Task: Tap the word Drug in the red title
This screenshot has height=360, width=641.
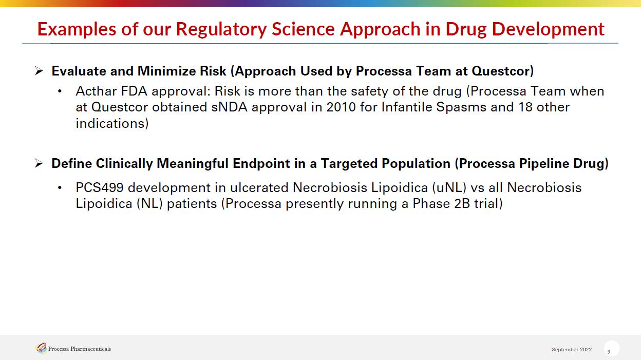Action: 466,29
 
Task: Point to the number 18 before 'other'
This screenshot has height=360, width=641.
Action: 525,107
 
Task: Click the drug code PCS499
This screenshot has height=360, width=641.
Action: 99,188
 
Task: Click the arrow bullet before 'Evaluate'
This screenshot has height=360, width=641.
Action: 39,71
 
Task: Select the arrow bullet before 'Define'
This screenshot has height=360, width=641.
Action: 39,163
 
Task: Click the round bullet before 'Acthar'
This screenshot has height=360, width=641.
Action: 60,91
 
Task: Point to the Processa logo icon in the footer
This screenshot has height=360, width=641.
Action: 41,348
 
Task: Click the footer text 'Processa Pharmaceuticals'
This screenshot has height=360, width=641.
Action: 79,349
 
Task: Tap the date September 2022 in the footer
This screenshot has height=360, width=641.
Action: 572,349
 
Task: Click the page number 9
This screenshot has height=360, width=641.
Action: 609,352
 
